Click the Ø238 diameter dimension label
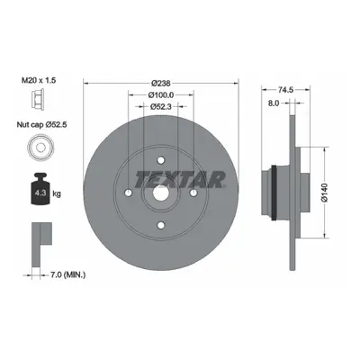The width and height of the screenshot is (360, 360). click(x=161, y=83)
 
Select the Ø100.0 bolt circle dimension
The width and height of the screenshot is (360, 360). click(x=161, y=94)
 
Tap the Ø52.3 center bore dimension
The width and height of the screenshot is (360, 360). click(x=161, y=106)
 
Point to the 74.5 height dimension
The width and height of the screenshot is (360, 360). click(x=285, y=89)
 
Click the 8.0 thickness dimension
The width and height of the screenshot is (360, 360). click(x=274, y=103)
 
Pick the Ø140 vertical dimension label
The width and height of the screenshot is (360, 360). click(x=326, y=193)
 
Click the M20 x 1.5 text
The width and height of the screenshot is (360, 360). click(x=39, y=80)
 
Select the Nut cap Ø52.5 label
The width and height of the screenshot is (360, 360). click(x=41, y=124)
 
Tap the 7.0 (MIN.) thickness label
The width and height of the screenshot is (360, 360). click(x=67, y=274)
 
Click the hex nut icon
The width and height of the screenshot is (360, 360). click(x=38, y=98)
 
